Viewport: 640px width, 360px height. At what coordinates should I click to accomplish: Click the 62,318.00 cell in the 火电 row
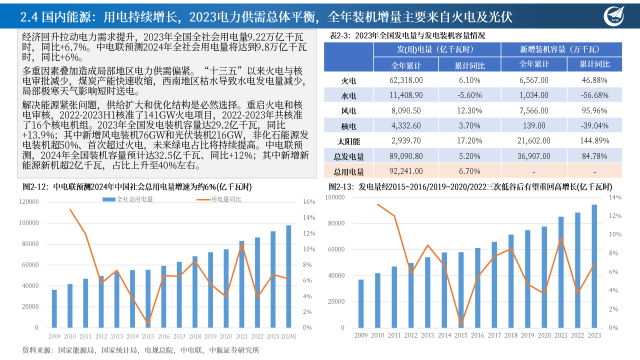point(405,80)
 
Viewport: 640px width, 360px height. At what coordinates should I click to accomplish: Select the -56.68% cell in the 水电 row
point(594,95)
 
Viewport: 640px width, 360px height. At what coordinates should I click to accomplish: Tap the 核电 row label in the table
point(348,125)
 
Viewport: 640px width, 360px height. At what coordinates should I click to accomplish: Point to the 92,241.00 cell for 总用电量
point(405,171)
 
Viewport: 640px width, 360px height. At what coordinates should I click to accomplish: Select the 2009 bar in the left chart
point(54,308)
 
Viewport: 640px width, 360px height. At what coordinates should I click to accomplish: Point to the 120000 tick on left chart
point(29,202)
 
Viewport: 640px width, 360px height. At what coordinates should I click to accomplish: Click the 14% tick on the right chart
point(615,197)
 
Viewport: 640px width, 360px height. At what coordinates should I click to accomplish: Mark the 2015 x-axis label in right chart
point(461,335)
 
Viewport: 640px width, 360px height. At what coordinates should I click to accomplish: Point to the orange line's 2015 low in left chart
point(147,323)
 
